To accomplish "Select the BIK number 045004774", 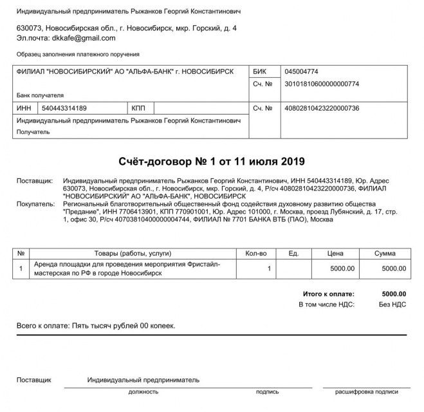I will pos(301,71).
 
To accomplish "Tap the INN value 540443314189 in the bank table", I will pos(64,108).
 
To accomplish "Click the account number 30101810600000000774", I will pos(322,84).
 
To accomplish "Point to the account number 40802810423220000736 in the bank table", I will pos(322,108).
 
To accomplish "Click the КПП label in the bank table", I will pos(138,108).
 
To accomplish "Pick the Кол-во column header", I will pos(255,254).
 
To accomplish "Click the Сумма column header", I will pos(385,254).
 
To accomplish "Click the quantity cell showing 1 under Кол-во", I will pos(269,268).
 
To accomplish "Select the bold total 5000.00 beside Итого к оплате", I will pos(394,293).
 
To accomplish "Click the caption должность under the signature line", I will pos(143,391).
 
